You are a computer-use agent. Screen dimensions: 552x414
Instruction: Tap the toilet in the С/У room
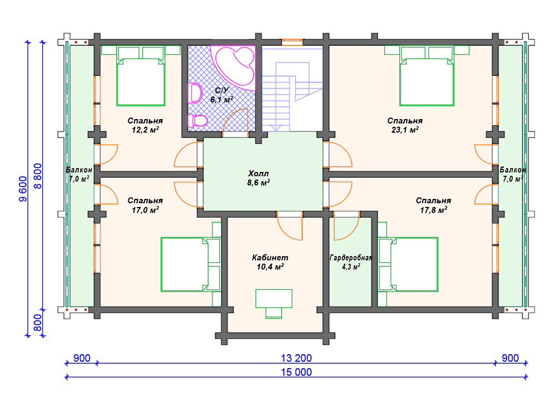coord(197,120)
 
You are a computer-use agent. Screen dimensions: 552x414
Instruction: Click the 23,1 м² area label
coord(405,130)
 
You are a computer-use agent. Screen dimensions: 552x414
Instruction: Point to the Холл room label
coord(258,174)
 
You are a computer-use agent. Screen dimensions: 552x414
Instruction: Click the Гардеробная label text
coord(350,258)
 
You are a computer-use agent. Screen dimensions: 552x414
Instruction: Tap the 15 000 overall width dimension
coord(296,372)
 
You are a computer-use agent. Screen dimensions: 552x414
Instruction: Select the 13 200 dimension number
coord(296,358)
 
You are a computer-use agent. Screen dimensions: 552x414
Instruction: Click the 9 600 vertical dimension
coord(23,189)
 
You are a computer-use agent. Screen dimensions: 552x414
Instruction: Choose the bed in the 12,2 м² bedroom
coord(141,82)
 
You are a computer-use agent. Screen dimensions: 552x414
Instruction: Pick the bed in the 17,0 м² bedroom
coord(190,264)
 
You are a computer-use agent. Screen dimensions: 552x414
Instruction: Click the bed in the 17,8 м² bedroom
coord(408,264)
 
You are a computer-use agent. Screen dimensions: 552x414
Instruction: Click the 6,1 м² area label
coord(222,100)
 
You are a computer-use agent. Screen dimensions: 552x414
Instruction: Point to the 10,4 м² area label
coord(270,267)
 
